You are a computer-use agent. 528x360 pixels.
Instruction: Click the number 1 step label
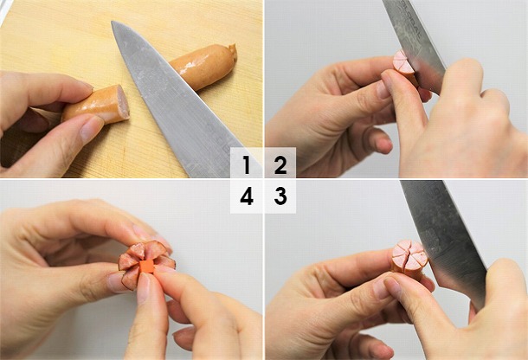(247, 164)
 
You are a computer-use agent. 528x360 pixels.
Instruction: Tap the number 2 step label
(280, 164)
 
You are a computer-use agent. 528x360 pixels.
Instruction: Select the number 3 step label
(280, 196)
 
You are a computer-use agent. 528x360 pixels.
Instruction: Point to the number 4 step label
(247, 196)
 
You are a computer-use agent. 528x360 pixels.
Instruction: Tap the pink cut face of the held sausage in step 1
(121, 103)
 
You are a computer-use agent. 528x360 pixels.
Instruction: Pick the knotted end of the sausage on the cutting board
(231, 52)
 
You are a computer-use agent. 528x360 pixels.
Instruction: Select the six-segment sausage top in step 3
(408, 255)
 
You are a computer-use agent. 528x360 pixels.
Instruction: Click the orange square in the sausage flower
(146, 266)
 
